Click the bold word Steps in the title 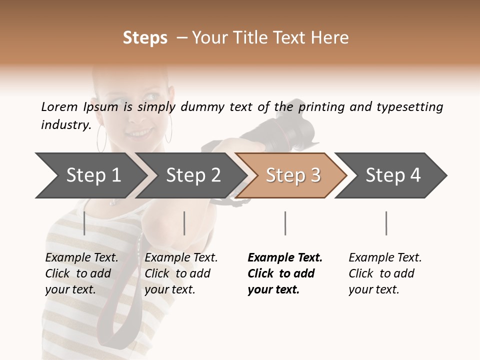point(145,38)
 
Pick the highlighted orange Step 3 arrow point(292,175)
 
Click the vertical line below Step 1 point(84,223)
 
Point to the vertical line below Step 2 point(184,223)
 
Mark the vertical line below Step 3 point(285,223)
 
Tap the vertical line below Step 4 point(386,223)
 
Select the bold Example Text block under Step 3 point(285,273)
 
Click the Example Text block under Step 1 point(81,273)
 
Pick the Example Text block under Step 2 point(181,273)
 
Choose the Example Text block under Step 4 point(385,273)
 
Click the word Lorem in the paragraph point(59,106)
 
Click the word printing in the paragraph point(322,107)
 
